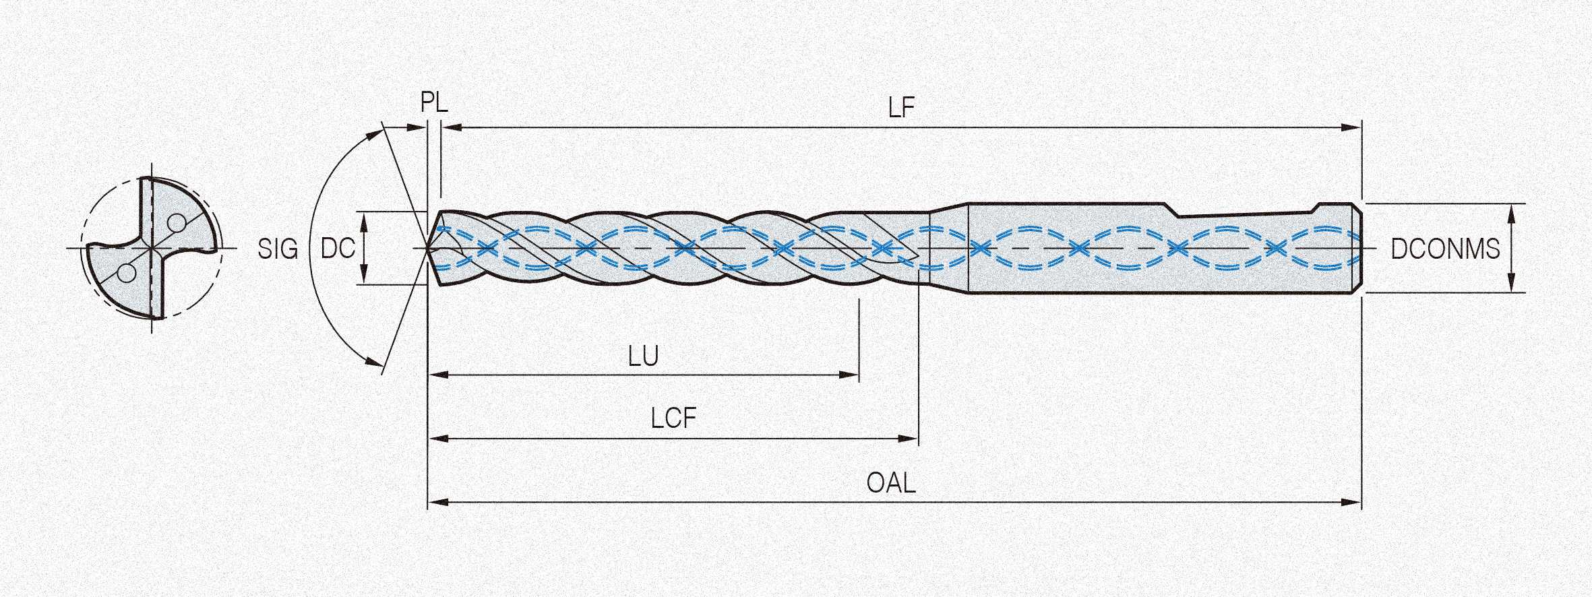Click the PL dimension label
point(434,102)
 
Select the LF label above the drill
point(901,108)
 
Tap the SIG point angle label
point(278,249)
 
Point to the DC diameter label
point(337,249)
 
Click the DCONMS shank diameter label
point(1445,249)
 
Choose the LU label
point(643,356)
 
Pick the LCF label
point(673,419)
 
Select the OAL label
point(891,483)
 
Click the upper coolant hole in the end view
point(177,222)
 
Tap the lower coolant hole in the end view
point(126,273)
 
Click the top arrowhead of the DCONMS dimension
point(1511,212)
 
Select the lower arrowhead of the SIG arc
point(373,361)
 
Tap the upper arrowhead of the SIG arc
point(373,135)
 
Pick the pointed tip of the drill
point(429,249)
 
